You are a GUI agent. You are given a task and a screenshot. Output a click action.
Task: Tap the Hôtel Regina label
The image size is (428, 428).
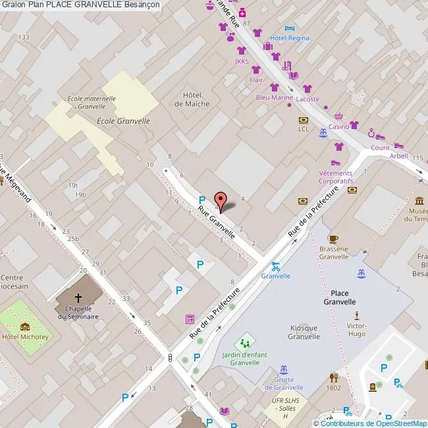click(x=290, y=38)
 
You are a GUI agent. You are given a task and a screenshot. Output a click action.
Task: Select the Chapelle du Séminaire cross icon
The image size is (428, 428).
click(x=78, y=298)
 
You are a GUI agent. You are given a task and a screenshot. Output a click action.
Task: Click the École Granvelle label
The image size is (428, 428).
click(x=123, y=121)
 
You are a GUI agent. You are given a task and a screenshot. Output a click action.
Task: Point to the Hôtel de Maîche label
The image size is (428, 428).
click(x=192, y=99)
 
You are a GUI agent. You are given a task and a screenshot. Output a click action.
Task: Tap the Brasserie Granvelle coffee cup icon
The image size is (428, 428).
click(x=333, y=239)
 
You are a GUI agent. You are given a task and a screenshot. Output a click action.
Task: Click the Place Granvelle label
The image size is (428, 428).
click(x=339, y=297)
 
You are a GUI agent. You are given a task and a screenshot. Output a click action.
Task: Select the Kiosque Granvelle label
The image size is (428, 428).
click(x=304, y=332)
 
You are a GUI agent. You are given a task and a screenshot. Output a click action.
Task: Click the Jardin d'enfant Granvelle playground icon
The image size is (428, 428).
click(x=245, y=342)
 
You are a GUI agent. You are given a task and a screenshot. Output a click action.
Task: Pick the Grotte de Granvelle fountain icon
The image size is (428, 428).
click(x=284, y=369)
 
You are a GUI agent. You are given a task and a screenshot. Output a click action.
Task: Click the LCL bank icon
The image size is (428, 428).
click(x=303, y=120)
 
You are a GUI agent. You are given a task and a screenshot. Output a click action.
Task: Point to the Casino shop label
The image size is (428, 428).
click(x=338, y=126)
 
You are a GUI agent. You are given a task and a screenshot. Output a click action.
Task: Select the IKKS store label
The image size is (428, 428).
click(x=242, y=63)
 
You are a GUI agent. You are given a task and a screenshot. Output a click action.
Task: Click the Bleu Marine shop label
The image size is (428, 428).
click(x=274, y=97)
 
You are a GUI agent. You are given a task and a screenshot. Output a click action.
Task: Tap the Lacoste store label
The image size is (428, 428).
click(x=308, y=99)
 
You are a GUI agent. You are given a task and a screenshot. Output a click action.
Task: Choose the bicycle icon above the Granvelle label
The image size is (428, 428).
click(x=275, y=267)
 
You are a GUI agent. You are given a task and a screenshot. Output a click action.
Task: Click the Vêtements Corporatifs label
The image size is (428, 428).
click(x=336, y=176)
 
